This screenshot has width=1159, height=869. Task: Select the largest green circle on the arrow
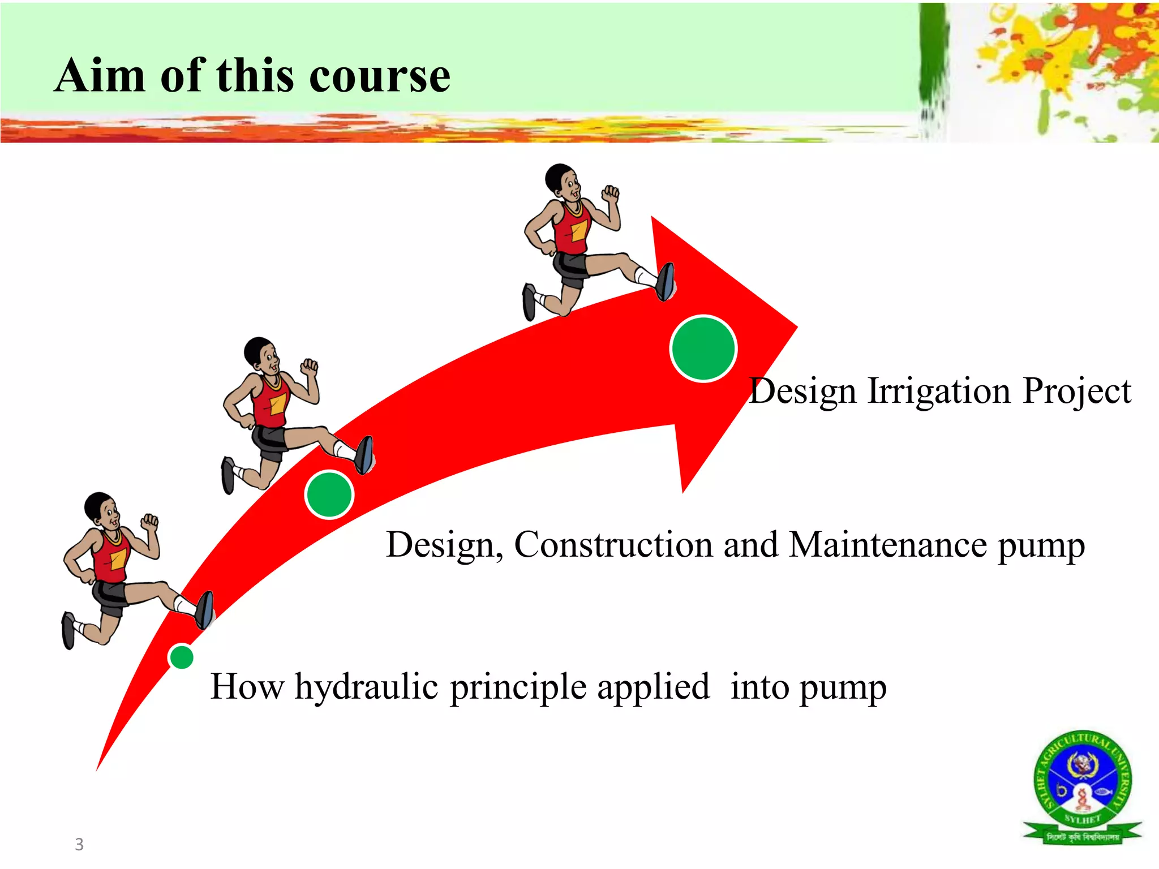coord(703,349)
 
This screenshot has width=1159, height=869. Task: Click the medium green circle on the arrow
coord(329,494)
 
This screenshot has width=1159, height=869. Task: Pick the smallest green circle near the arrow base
coord(182,657)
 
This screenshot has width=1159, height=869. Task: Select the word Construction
coord(613,544)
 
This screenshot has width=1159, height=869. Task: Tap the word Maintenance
coord(888,544)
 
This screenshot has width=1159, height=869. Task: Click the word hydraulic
coord(366,687)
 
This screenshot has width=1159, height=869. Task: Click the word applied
coord(653,687)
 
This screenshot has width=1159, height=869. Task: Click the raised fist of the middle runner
coord(310,367)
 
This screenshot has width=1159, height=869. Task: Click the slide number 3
coord(79,844)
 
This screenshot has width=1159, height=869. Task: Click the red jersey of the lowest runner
coord(110,557)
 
